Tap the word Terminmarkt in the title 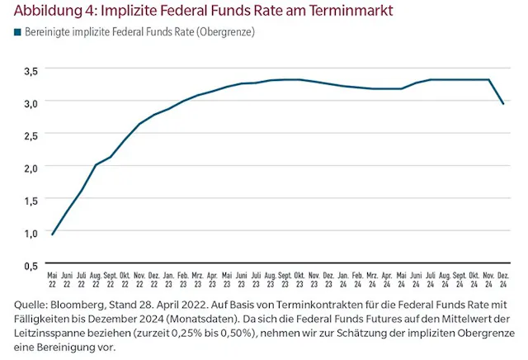click(x=351, y=11)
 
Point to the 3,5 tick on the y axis click(x=31, y=71)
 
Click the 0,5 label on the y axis click(x=31, y=265)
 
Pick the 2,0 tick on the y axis click(x=31, y=168)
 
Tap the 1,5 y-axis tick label click(x=31, y=201)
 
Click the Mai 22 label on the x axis click(x=53, y=278)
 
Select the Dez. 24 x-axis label click(x=504, y=278)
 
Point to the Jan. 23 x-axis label click(x=168, y=278)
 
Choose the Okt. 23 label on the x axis click(x=299, y=278)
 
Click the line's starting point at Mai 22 click(x=53, y=234)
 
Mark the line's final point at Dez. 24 click(x=504, y=103)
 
